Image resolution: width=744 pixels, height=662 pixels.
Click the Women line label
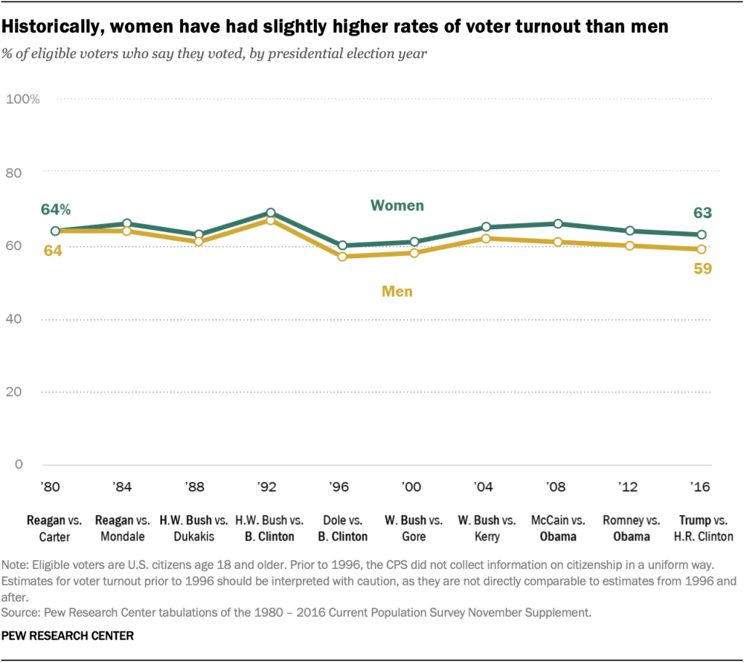pos(397,206)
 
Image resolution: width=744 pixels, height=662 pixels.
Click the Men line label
pos(397,292)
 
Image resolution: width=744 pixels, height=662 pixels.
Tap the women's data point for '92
pos(270,213)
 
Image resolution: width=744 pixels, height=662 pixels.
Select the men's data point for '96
pos(341,257)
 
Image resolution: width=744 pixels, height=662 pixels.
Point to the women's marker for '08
pos(558,224)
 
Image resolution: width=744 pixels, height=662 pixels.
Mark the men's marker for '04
pos(486,239)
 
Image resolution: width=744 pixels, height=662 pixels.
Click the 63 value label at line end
pos(701,213)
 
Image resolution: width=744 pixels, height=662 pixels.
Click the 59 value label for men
pos(701,268)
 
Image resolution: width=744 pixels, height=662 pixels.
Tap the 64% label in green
pos(56,210)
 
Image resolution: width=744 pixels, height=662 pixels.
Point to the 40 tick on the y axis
pos(33,319)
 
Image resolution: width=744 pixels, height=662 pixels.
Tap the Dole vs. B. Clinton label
pos(341,528)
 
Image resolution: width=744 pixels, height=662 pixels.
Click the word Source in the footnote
pos(21,613)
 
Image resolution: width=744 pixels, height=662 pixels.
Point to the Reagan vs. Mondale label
pos(126,528)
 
